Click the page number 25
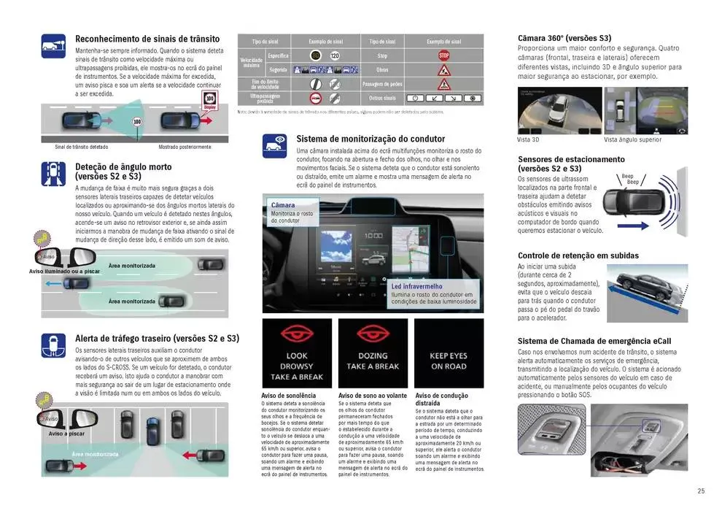[x=700, y=491]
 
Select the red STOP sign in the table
[x=443, y=55]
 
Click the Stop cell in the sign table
[x=383, y=55]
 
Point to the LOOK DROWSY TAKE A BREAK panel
[x=296, y=353]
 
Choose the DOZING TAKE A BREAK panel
[x=373, y=353]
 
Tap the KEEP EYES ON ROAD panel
[x=449, y=353]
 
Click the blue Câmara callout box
[x=292, y=212]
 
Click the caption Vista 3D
[x=528, y=139]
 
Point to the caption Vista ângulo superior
[x=632, y=139]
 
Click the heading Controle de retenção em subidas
[x=578, y=255]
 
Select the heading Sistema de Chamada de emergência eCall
[x=594, y=341]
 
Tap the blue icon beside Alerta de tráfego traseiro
[x=54, y=345]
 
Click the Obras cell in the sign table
[x=383, y=69]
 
